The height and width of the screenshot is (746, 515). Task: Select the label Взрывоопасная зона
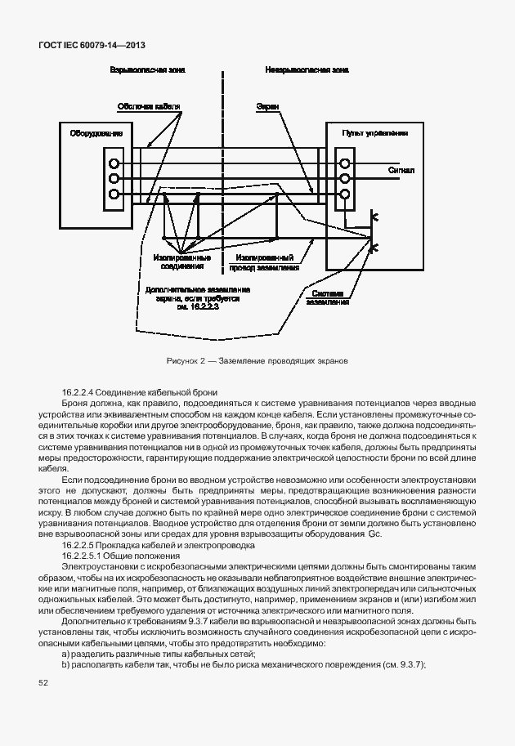click(148, 71)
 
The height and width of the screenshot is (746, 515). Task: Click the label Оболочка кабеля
click(148, 106)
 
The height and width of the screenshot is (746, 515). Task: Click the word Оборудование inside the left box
click(96, 133)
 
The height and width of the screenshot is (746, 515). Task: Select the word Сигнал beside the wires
click(401, 171)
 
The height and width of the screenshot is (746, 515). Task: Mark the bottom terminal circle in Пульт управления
click(344, 194)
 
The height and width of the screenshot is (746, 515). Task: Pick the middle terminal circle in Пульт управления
click(344, 179)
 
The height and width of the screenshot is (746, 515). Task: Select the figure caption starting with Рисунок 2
click(257, 360)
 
